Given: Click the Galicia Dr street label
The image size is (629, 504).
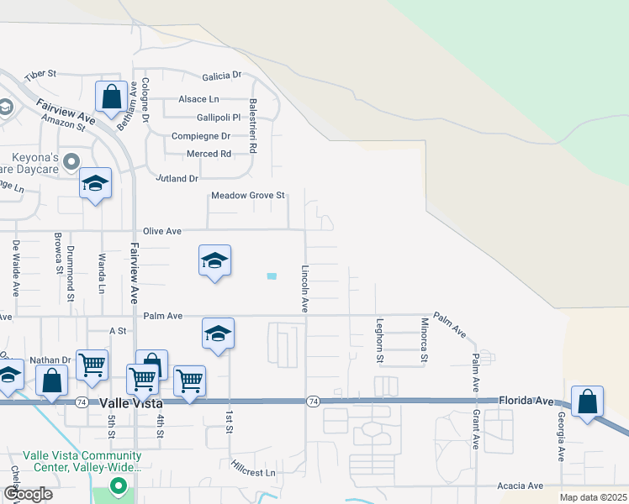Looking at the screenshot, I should pos(222,76).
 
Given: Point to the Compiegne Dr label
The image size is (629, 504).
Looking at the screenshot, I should pos(200,136).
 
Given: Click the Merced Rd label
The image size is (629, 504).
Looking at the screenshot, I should pos(209,154).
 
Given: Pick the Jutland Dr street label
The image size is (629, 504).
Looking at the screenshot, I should pos(177,179).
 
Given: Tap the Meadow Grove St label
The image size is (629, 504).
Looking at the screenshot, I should pos(248,196).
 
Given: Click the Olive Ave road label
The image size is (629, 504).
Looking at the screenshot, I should pos(162,231).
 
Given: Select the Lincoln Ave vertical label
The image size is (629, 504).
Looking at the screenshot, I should pos(305,289).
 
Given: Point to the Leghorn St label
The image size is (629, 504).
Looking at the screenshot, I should pos(380,340).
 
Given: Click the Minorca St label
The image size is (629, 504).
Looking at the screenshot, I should pos(424,340).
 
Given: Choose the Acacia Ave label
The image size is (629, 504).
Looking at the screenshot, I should pos(520,486).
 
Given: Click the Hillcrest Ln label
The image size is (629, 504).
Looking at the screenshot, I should pos(253,472).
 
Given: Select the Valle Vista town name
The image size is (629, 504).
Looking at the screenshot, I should pos(131,403).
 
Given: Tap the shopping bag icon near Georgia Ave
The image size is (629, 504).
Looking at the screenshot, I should pos(587,402).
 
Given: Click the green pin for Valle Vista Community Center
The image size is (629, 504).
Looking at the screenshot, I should pos(119,486).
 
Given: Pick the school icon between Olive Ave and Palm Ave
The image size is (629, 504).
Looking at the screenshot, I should pos(214,261).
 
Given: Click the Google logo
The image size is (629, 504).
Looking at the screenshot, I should pos(28,493).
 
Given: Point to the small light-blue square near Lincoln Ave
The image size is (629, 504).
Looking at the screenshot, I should pos(271,276).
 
